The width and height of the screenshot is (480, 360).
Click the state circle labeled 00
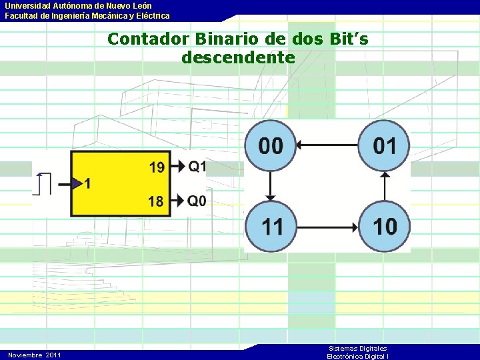pos(271,145)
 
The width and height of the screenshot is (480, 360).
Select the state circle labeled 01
pos(385,145)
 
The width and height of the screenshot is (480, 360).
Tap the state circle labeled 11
pos(271,226)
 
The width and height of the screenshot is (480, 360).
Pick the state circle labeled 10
pos(385,226)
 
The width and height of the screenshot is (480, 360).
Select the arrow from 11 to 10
pos(327,226)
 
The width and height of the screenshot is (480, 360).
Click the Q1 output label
pos(197,166)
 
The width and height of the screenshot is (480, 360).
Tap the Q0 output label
pos(197,201)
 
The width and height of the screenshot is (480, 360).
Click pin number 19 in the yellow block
pos(157,167)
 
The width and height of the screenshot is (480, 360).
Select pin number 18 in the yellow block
pos(157,201)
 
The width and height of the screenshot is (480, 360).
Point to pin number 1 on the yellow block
pos(88,183)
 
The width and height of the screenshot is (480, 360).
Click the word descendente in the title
pos(237,57)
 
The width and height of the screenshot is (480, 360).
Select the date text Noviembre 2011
pos(35,355)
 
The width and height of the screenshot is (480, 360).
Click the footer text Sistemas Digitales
pos(358,349)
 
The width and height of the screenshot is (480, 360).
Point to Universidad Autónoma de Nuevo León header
pos(79,5)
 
